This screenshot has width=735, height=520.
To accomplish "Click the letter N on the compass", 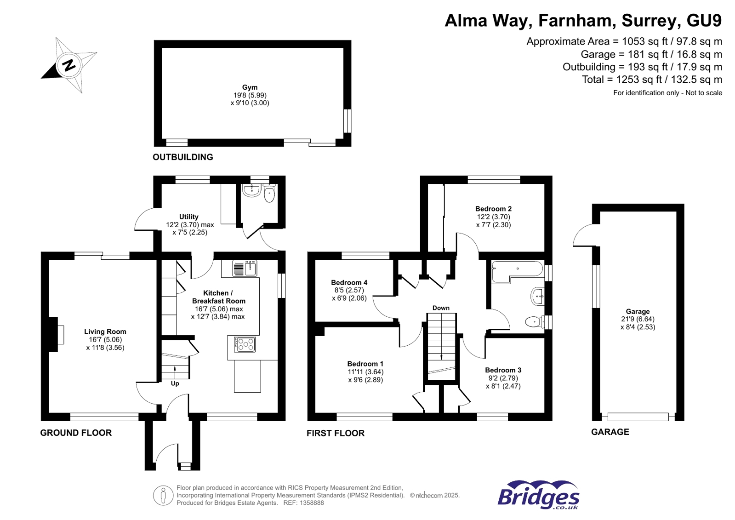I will click(x=69, y=65).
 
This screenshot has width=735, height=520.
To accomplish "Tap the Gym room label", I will click(x=250, y=87).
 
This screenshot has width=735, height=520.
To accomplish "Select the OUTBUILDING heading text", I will click(x=182, y=157).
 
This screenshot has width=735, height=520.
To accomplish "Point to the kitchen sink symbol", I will click(x=245, y=268).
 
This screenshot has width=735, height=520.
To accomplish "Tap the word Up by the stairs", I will click(x=175, y=383).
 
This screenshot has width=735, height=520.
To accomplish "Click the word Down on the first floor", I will click(x=441, y=308).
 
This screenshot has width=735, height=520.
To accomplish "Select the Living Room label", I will click(x=105, y=331).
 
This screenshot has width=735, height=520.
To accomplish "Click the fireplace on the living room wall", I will click(x=57, y=335).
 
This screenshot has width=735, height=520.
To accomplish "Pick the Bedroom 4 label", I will click(x=349, y=283).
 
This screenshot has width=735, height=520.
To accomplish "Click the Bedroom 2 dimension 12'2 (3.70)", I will click(x=493, y=217).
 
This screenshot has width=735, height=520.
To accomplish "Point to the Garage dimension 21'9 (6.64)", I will click(x=638, y=319).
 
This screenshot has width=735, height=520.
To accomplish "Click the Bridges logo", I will click(x=538, y=495).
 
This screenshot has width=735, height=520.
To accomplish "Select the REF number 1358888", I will click(x=312, y=503).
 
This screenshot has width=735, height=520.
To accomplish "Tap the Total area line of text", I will click(x=651, y=80).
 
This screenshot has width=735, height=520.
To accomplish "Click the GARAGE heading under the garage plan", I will click(x=610, y=432).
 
